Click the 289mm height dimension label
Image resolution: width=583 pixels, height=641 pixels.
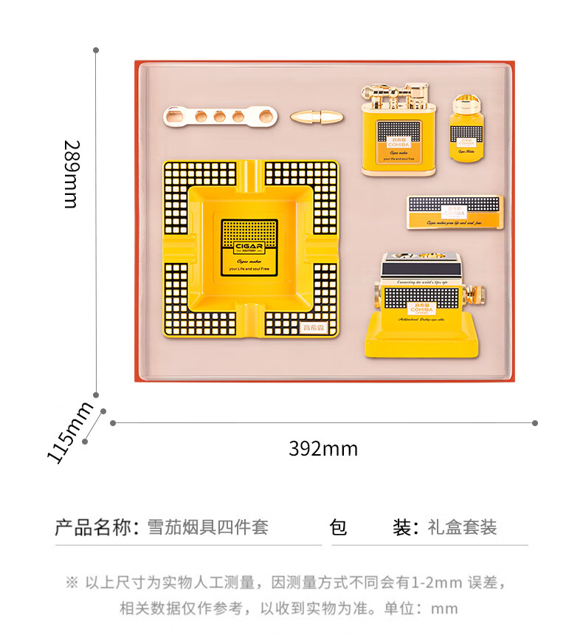(x=71, y=174)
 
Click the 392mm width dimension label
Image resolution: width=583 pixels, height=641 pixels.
(x=323, y=448)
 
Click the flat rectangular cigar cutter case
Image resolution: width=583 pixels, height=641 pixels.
(x=455, y=212)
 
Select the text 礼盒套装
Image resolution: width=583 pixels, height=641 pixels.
(x=462, y=527)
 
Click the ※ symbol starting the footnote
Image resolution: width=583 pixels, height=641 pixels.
(x=72, y=583)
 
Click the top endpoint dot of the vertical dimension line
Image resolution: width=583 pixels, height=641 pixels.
(x=96, y=51)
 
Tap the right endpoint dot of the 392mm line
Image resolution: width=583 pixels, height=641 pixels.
(x=535, y=423)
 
